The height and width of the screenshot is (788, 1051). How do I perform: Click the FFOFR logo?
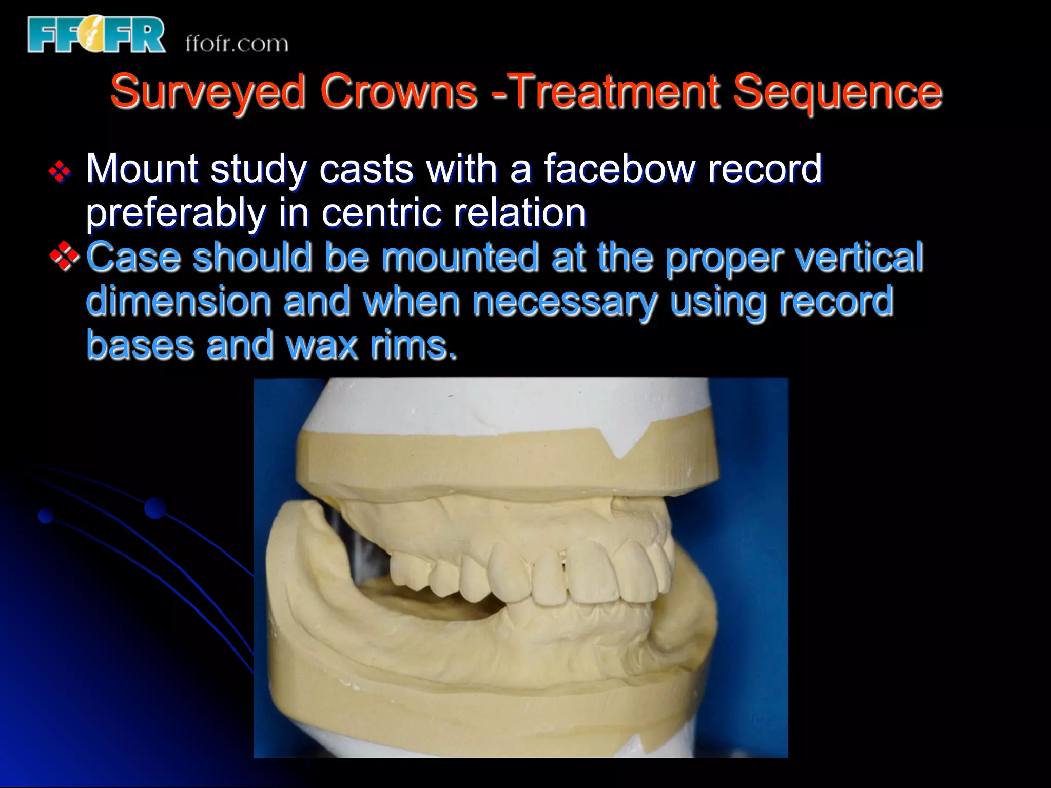point(96,35)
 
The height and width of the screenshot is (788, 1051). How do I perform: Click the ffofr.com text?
point(237,44)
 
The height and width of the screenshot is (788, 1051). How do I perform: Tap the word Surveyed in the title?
point(208,92)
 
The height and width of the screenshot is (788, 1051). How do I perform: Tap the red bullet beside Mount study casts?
point(60,171)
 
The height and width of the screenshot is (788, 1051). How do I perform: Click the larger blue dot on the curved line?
point(155,508)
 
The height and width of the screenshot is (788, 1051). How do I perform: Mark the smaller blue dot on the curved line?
point(46,516)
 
